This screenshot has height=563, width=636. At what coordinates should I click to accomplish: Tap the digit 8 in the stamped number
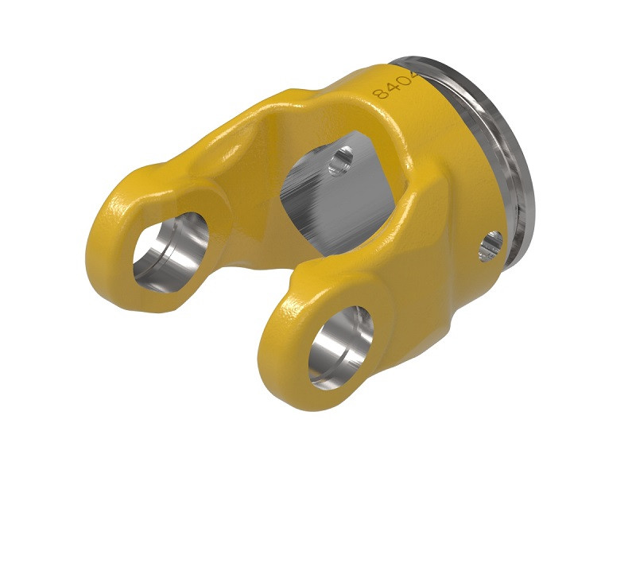(x=381, y=93)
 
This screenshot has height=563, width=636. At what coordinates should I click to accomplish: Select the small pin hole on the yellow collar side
(x=491, y=246)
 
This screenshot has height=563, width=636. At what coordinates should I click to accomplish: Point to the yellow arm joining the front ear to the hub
(x=413, y=262)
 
